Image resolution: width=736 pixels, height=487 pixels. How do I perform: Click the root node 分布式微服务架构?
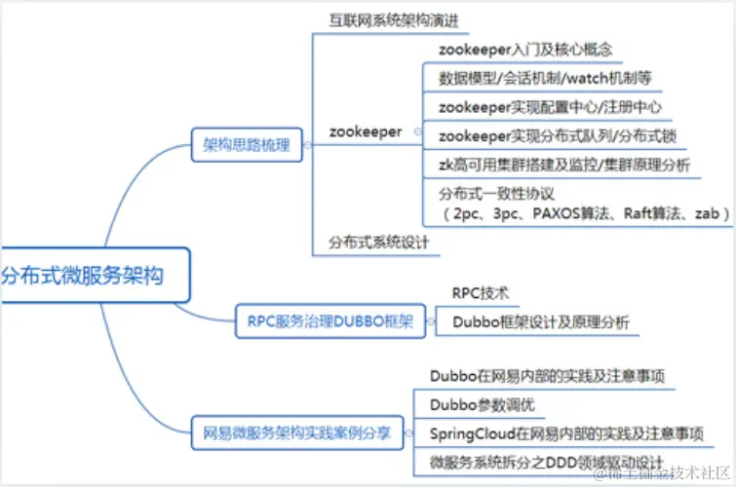pyautogui.click(x=88, y=275)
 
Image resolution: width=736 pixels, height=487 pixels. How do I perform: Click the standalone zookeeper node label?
pyautogui.click(x=366, y=131)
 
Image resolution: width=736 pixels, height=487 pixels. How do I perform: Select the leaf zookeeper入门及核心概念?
pyautogui.click(x=525, y=48)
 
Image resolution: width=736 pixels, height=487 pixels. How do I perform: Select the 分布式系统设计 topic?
pyautogui.click(x=378, y=240)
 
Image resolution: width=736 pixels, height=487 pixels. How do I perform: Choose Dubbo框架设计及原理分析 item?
pyautogui.click(x=540, y=321)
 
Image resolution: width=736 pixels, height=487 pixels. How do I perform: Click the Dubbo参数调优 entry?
pyautogui.click(x=482, y=403)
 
